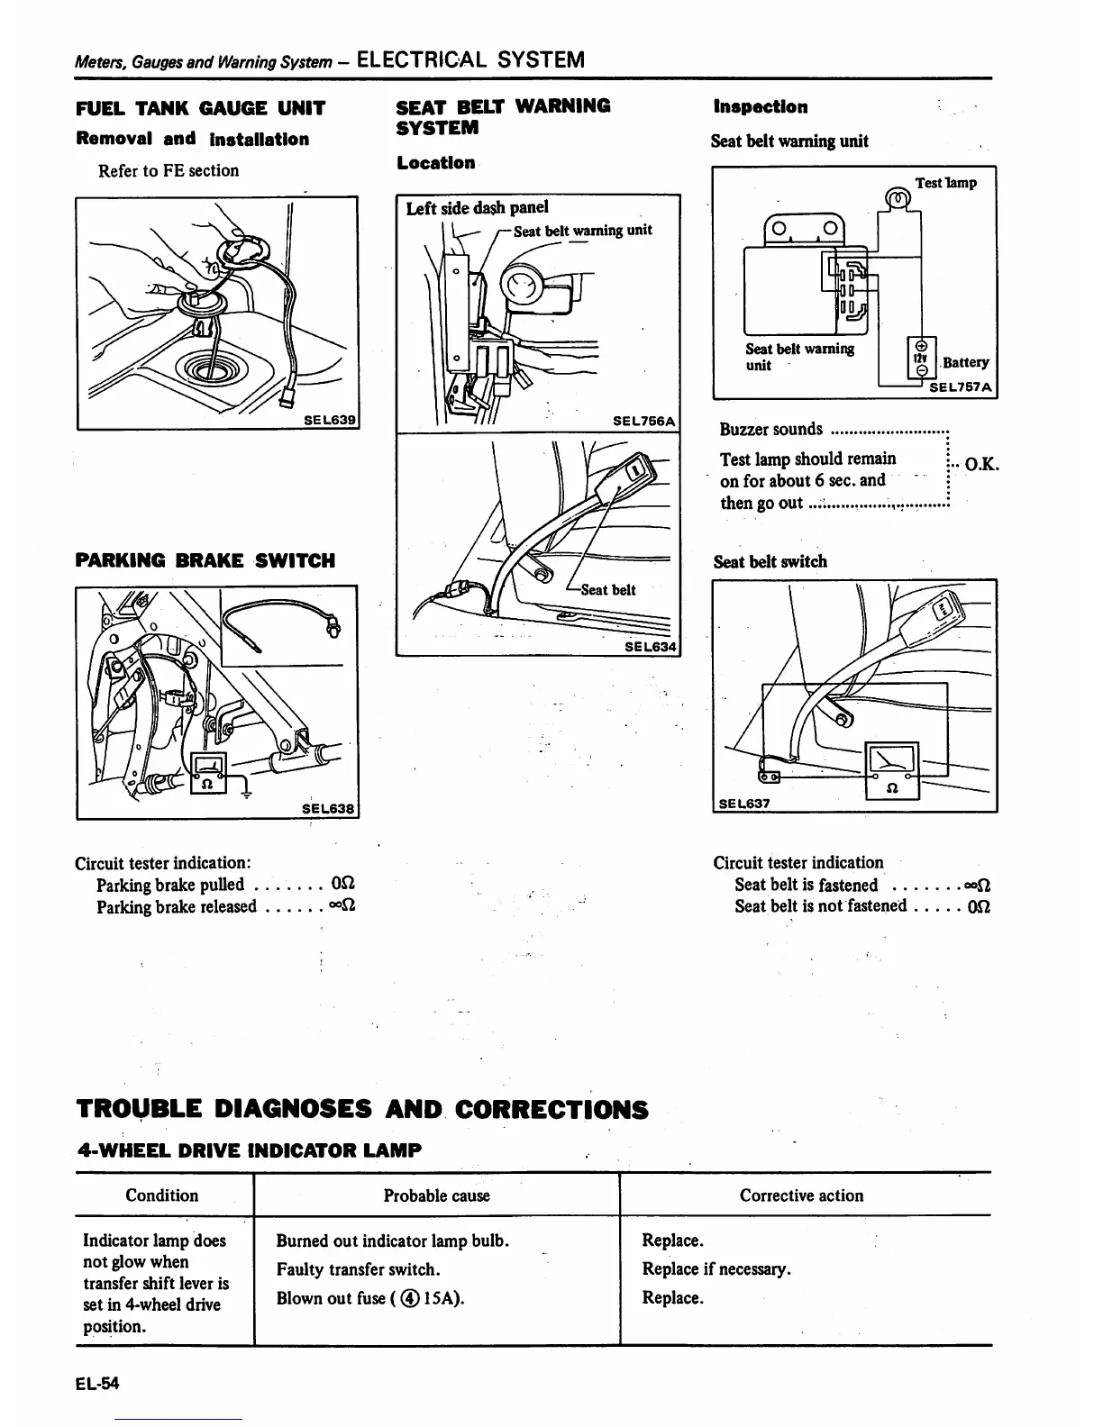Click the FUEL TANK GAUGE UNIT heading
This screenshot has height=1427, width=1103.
[200, 109]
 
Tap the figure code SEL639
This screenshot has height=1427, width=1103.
[329, 420]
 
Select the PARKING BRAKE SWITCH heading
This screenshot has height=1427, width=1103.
[205, 561]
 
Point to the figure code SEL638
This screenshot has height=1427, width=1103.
[329, 809]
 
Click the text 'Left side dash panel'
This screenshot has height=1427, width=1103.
[477, 208]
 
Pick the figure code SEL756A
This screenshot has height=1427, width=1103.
[643, 421]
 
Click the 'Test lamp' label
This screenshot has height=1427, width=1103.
[945, 183]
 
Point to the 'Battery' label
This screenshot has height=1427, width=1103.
[965, 362]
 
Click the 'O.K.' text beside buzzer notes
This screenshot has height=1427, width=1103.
[981, 465]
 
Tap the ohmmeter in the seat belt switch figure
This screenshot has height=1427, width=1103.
[891, 769]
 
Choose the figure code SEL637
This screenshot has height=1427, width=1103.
[744, 803]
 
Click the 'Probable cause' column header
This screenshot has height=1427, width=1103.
[437, 1195]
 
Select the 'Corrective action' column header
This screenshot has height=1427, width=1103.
[801, 1195]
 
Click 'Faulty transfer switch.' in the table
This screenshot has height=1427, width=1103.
[358, 1269]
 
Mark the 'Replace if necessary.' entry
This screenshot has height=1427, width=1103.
[716, 1269]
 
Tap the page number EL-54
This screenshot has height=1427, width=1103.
[97, 1384]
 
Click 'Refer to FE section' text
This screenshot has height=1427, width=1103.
[169, 170]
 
